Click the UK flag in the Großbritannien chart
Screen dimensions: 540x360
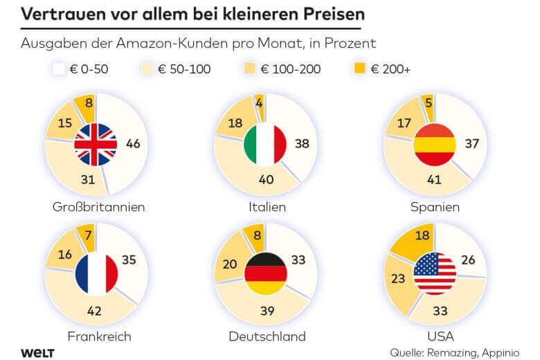click(96, 145)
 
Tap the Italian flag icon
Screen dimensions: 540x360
click(265, 144)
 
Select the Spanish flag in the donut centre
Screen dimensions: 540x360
click(434, 145)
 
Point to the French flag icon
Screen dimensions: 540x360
click(96, 274)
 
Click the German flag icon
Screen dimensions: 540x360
click(266, 274)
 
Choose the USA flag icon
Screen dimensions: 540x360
click(435, 273)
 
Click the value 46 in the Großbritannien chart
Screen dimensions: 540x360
click(133, 144)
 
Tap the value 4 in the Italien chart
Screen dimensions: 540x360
click(260, 103)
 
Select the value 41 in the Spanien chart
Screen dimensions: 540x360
click(434, 179)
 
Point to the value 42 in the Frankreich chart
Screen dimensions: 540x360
click(94, 311)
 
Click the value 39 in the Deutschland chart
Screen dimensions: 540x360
click(267, 311)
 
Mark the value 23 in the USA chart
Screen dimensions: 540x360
click(398, 278)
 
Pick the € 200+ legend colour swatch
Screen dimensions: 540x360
click(360, 69)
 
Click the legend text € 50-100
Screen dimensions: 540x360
click(184, 69)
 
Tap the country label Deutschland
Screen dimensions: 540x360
click(267, 336)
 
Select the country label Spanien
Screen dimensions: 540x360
click(435, 207)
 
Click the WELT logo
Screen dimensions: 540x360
click(37, 353)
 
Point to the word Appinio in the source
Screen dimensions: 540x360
click(501, 353)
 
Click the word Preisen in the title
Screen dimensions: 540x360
click(334, 14)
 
